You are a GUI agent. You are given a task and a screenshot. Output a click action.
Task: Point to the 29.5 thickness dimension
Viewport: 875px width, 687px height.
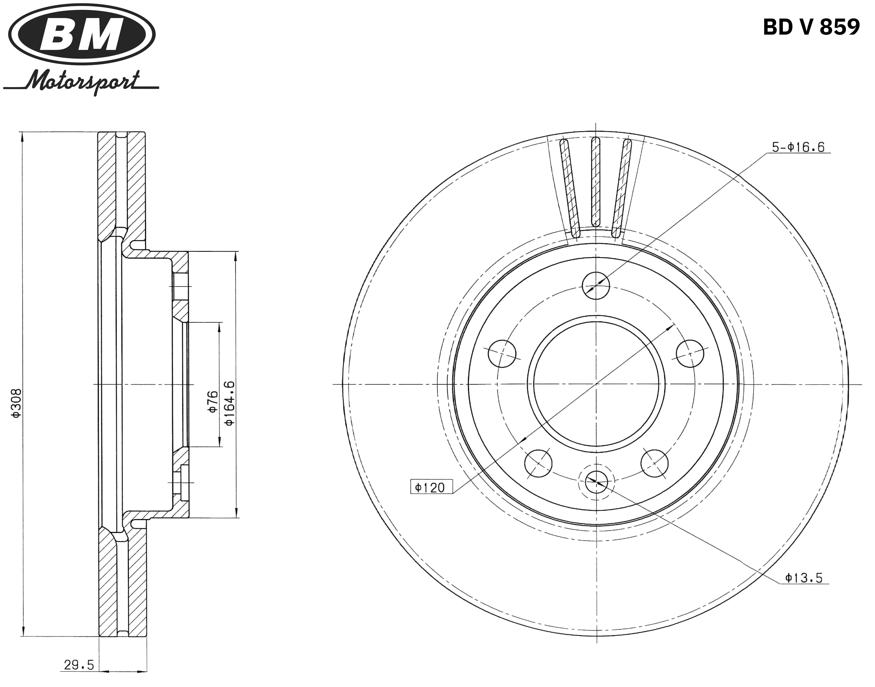[x=79, y=665]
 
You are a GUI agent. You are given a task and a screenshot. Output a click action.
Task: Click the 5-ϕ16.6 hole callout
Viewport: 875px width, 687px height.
[x=798, y=147]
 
